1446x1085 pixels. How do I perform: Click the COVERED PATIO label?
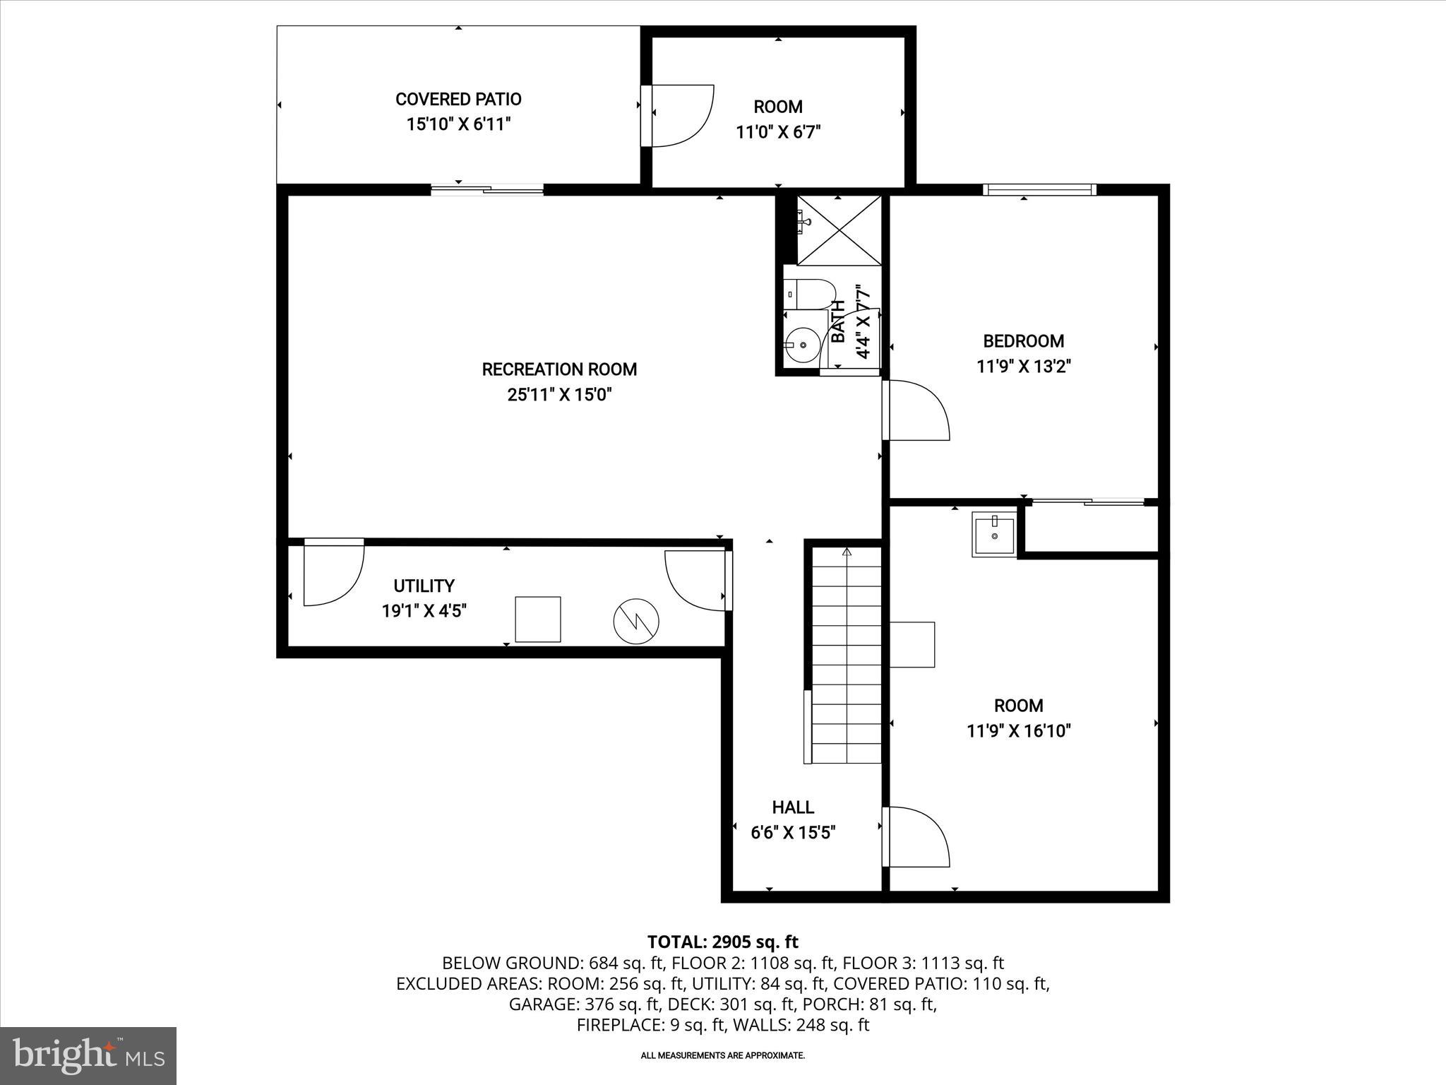tap(458, 100)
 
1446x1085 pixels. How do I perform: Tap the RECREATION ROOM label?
tap(559, 369)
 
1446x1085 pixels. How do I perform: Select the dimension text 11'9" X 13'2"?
tap(1024, 367)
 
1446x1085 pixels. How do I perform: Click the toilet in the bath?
tap(811, 292)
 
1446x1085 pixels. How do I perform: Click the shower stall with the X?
tap(839, 230)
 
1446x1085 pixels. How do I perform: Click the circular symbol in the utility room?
tap(636, 622)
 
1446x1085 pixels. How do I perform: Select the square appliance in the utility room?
tap(538, 619)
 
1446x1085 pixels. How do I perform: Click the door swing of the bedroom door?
tap(918, 410)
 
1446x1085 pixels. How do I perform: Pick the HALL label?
tap(793, 807)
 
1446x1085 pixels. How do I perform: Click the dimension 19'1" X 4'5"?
tap(424, 611)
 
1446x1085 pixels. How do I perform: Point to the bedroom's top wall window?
tap(1039, 189)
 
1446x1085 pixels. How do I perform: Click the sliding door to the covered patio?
tap(487, 189)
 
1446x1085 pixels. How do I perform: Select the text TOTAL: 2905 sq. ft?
tap(722, 942)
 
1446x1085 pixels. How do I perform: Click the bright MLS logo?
tap(88, 1056)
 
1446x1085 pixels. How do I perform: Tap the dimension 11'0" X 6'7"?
tap(778, 132)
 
